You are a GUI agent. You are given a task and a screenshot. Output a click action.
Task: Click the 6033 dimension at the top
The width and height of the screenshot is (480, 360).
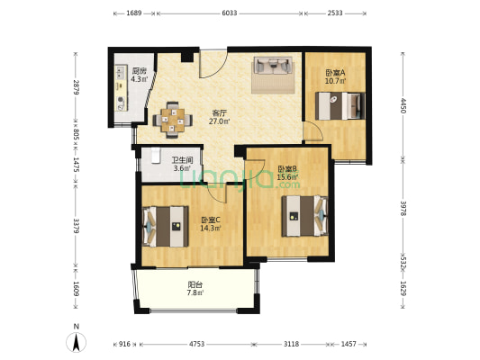pyautogui.click(x=230, y=13)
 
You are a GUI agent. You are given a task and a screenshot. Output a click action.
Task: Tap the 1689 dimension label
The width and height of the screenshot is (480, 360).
pyautogui.click(x=134, y=13)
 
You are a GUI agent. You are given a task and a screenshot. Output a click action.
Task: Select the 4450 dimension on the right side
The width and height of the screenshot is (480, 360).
pyautogui.click(x=403, y=106)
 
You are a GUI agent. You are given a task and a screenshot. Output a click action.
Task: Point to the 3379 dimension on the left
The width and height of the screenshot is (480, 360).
pyautogui.click(x=77, y=226)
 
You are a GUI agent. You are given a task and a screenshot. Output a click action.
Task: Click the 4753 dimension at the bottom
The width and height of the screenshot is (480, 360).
pyautogui.click(x=196, y=344)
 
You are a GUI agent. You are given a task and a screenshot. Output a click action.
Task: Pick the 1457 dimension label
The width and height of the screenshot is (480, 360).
pyautogui.click(x=349, y=344)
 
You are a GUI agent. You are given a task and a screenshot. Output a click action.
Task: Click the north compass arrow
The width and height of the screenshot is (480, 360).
pyautogui.click(x=77, y=342)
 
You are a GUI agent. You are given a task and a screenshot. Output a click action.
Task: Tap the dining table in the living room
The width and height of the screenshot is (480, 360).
pyautogui.click(x=173, y=120)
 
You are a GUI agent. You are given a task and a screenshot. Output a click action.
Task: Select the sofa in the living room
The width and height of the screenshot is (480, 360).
pyautogui.click(x=273, y=65)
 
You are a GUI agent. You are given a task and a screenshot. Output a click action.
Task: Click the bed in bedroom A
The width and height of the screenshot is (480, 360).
pyautogui.click(x=340, y=106)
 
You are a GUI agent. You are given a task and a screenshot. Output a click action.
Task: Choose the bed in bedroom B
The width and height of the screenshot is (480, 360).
pyautogui.click(x=304, y=216)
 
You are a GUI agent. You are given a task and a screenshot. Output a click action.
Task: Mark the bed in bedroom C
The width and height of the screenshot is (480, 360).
pyautogui.click(x=166, y=226)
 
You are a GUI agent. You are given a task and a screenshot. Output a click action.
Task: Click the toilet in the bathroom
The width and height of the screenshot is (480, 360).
pyautogui.click(x=156, y=156)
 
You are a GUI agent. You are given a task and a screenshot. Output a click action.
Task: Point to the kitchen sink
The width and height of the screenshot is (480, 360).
pyautogui.click(x=121, y=73)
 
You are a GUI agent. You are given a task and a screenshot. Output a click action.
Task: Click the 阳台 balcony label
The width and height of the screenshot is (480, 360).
pyautogui.click(x=195, y=284)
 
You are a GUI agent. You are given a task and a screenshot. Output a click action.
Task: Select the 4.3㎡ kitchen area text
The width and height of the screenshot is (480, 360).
pyautogui.click(x=140, y=79)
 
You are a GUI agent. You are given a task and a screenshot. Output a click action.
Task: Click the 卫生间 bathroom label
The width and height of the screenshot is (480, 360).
pyautogui.click(x=182, y=160)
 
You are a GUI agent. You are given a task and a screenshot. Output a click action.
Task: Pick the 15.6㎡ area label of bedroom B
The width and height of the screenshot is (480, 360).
pyautogui.click(x=288, y=176)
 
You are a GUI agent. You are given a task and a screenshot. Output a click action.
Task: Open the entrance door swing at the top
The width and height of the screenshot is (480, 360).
pyautogui.click(x=213, y=64)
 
